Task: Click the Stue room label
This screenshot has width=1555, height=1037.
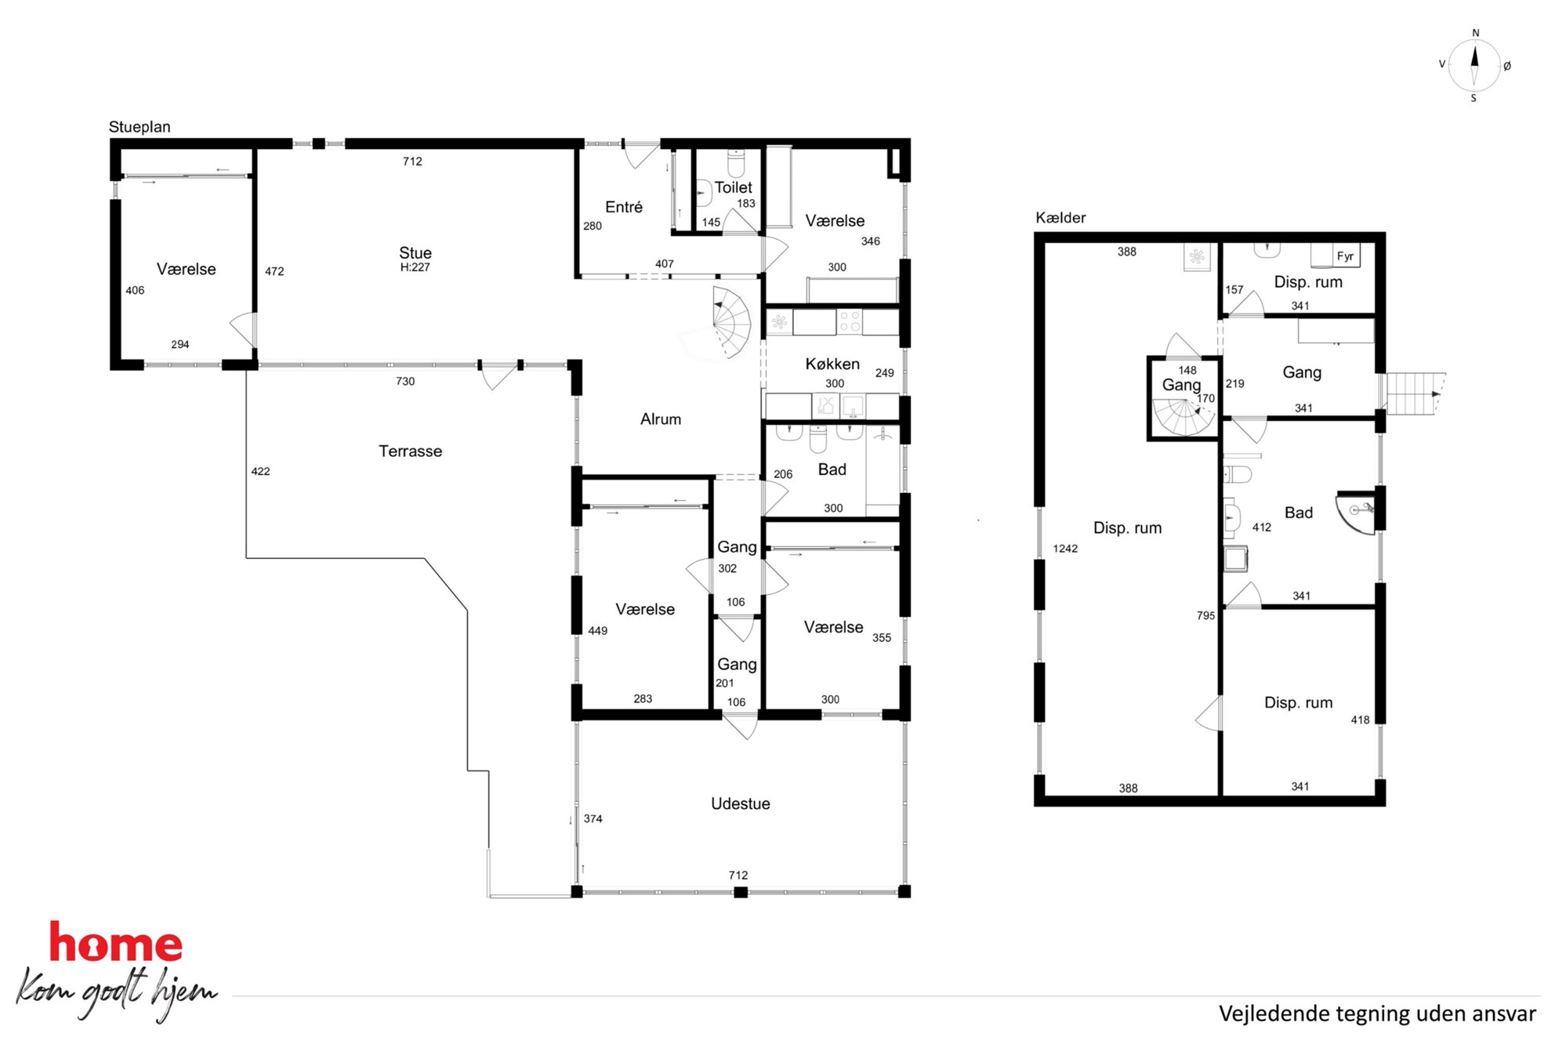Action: (x=415, y=253)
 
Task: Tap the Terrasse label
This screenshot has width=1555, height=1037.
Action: (x=410, y=451)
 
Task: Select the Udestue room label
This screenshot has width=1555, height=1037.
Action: (x=740, y=803)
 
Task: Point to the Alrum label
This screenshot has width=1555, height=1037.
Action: (x=660, y=419)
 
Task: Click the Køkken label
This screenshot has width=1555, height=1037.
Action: (x=832, y=364)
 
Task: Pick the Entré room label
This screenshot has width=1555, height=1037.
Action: (x=624, y=207)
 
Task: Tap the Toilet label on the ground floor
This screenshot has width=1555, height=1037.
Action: (x=733, y=187)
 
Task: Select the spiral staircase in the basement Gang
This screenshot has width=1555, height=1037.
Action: (x=1183, y=418)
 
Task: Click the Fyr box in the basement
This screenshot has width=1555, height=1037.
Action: (x=1345, y=256)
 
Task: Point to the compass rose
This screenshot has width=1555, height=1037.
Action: (x=1474, y=65)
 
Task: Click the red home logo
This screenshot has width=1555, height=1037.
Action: (x=116, y=942)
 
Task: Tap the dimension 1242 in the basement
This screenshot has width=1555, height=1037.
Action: (x=1065, y=549)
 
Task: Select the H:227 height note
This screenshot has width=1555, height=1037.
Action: (x=415, y=267)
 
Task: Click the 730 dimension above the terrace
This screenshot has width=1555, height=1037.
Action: (x=405, y=382)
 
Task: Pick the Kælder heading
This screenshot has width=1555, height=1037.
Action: (x=1060, y=218)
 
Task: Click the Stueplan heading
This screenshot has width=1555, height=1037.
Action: (x=140, y=127)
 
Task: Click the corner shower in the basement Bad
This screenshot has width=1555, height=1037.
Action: (x=1357, y=513)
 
